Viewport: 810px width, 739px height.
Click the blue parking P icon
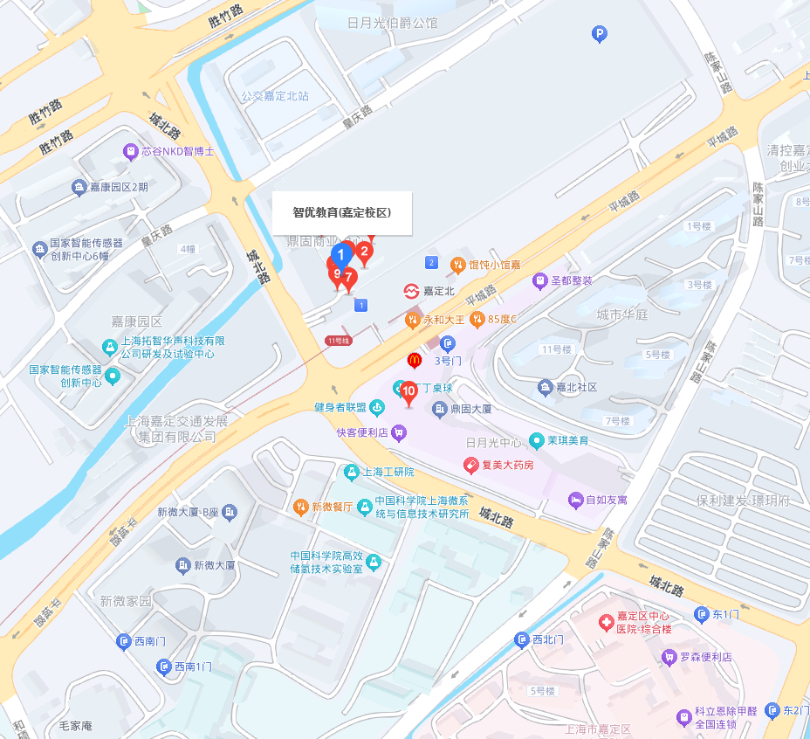[599, 34]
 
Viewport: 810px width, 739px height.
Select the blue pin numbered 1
[342, 254]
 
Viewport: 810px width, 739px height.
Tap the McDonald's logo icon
[415, 360]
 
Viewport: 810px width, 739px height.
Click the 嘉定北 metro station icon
[409, 291]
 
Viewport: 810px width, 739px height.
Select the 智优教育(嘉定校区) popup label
[341, 212]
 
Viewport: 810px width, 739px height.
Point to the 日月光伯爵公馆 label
[392, 23]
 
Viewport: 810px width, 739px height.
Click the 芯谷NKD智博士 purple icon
[131, 151]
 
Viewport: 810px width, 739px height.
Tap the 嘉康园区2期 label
[119, 187]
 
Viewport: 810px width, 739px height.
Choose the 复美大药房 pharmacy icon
[470, 465]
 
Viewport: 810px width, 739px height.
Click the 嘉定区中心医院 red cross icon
[605, 623]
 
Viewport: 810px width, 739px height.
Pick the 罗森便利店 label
[705, 657]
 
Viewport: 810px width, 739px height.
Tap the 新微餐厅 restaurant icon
[300, 506]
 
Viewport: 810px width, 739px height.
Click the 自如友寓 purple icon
[575, 500]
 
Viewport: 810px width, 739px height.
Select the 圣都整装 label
[574, 280]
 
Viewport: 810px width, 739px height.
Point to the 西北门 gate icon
[522, 639]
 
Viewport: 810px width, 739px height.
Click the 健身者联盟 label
[340, 407]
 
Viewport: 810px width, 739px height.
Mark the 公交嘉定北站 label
[275, 96]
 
